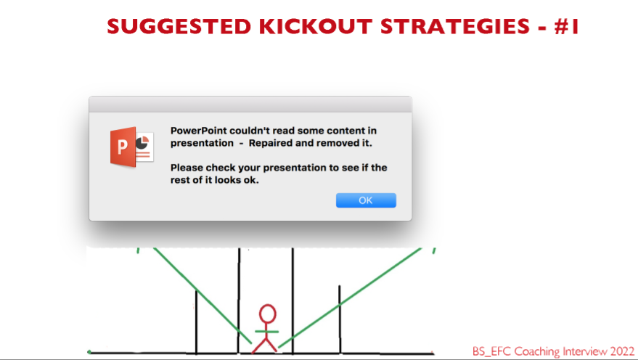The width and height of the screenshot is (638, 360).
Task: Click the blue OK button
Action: coord(366,200)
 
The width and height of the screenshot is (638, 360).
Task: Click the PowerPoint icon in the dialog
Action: coord(132,147)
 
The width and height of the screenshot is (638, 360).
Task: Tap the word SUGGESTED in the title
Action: coord(179,26)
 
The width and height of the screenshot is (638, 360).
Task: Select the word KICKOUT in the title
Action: coord(315,26)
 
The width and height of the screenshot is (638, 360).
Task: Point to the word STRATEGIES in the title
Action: coord(455,26)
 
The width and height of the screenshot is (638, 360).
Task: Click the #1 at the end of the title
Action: coord(566,26)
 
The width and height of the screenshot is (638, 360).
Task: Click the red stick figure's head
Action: coord(267,314)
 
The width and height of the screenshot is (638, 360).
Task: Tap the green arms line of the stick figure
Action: coord(266,332)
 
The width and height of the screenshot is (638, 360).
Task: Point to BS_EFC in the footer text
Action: coord(491,351)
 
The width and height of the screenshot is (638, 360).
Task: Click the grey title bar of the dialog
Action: coord(250,105)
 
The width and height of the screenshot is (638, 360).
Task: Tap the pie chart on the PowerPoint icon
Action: coord(142,143)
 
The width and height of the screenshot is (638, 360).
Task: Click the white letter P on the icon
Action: coord(122,147)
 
